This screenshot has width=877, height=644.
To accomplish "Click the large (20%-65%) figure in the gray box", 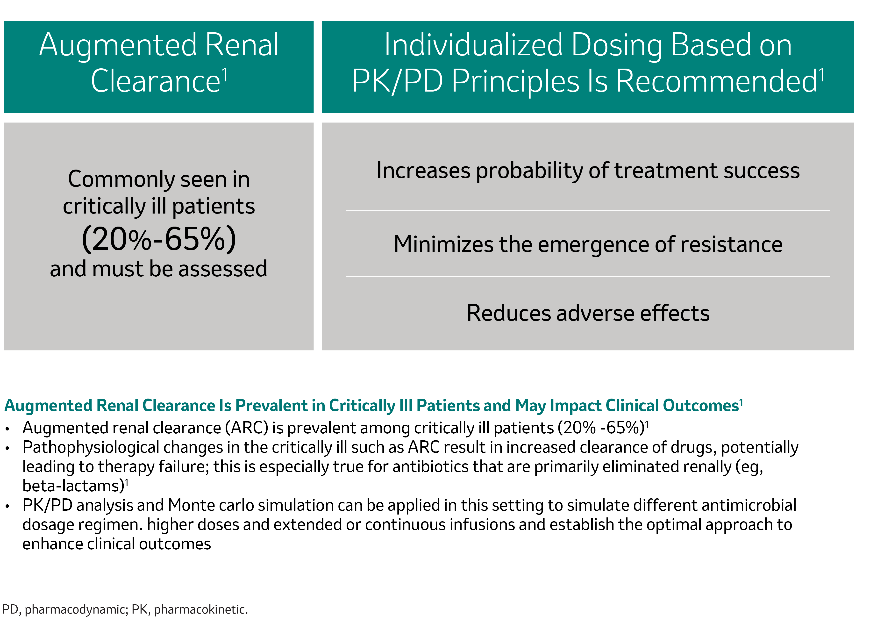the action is [159, 239].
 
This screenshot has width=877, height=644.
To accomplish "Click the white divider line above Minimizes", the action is [588, 211].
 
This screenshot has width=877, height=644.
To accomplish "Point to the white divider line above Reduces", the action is [588, 276].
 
